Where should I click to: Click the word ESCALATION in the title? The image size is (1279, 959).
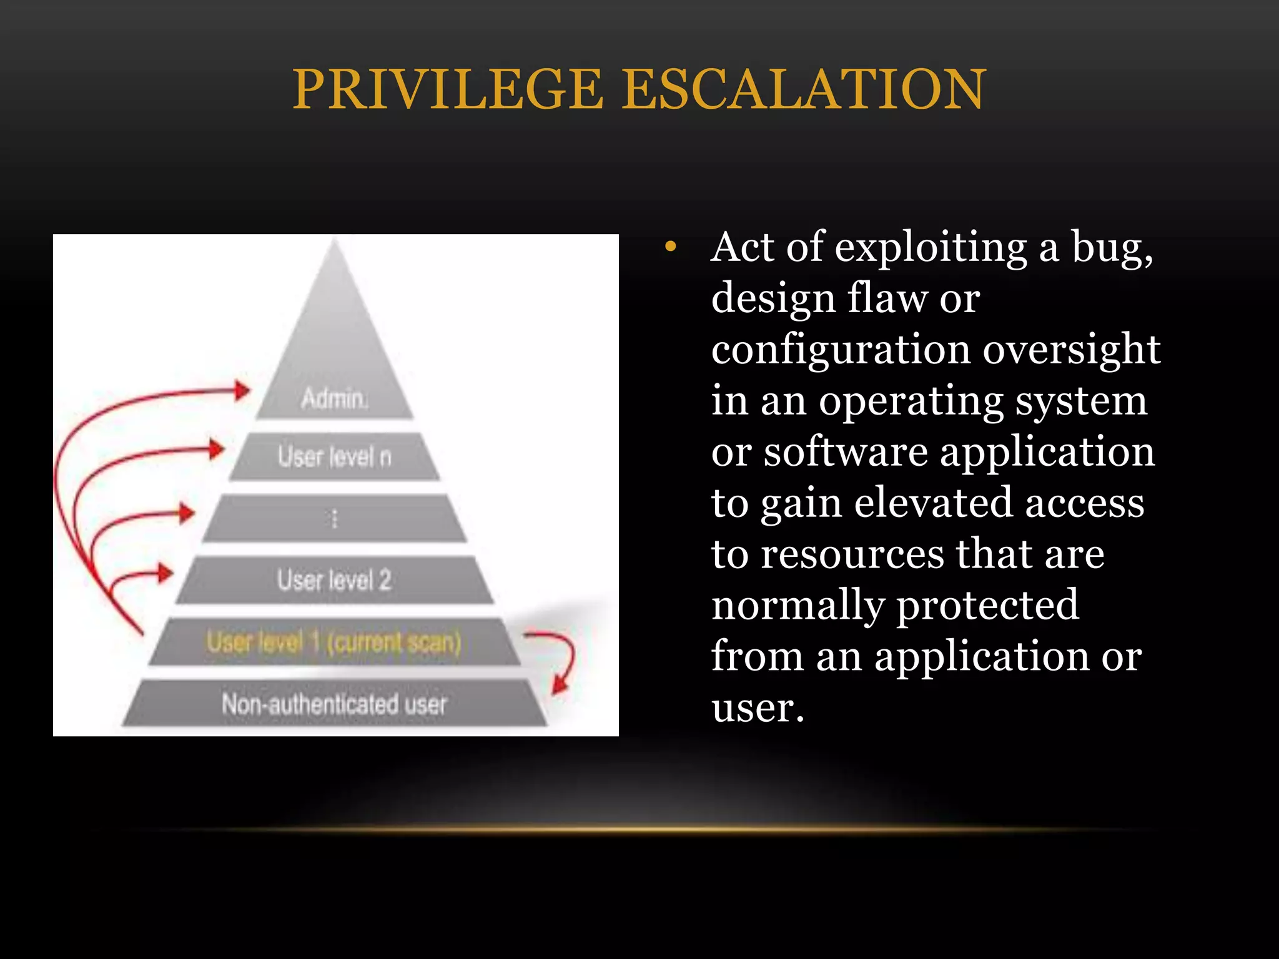coord(804,89)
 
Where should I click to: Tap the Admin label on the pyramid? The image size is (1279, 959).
coord(334,398)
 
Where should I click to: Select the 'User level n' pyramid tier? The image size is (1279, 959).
coord(334,457)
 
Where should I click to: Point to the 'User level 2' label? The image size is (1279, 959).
coord(334,580)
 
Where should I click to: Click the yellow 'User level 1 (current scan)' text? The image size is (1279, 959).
coord(334,642)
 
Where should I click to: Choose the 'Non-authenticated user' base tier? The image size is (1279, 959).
coord(334,704)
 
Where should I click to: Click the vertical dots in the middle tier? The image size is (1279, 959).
coord(334,518)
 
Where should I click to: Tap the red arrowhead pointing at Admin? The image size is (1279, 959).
coord(242,391)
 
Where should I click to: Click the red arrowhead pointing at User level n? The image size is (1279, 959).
coord(216,449)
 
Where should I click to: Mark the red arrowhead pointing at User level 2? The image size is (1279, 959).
coord(165,573)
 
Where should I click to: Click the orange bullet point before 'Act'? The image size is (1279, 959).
coord(671,247)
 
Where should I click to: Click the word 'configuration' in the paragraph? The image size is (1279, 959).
coord(841,350)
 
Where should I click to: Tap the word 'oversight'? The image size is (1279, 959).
coord(1072,350)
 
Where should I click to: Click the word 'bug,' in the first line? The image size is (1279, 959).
coord(1112,248)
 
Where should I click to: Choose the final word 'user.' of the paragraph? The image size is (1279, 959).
coord(758,707)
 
